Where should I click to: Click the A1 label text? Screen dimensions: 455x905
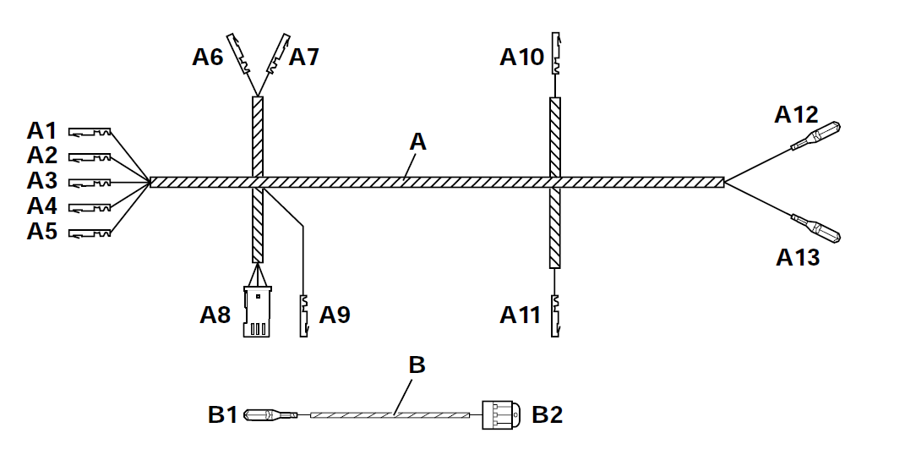pyautogui.click(x=41, y=131)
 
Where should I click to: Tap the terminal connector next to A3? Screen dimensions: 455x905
pyautogui.click(x=90, y=183)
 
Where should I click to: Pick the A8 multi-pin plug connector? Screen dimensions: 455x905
pyautogui.click(x=256, y=310)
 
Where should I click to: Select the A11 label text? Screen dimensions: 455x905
pyautogui.click(x=520, y=315)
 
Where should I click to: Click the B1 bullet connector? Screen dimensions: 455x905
pyautogui.click(x=269, y=414)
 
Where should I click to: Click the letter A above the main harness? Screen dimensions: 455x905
pyautogui.click(x=417, y=143)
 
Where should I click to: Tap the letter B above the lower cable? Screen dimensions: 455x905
pyautogui.click(x=417, y=365)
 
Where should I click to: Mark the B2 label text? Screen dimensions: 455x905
pyautogui.click(x=547, y=414)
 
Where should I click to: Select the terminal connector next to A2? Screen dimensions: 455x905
pyautogui.click(x=90, y=157)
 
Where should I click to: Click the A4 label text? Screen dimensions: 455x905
pyautogui.click(x=41, y=206)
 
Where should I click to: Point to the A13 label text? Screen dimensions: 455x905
pyautogui.click(x=798, y=257)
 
